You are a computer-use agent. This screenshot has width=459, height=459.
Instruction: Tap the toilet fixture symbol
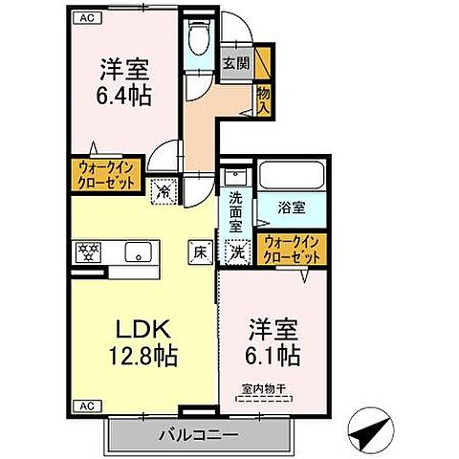click(197, 39)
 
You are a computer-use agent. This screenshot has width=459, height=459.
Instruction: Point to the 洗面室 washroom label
click(236, 211)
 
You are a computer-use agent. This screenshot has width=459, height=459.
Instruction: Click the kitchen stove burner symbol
click(88, 252)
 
